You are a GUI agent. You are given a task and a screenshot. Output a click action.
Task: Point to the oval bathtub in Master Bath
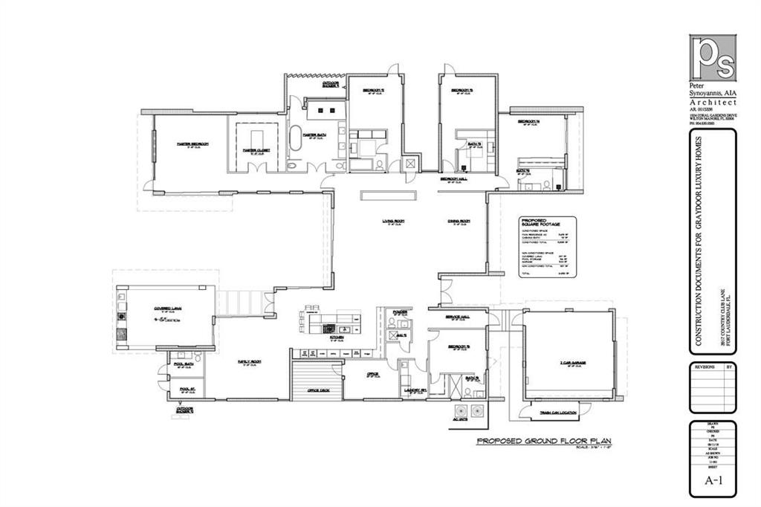[x=295, y=138]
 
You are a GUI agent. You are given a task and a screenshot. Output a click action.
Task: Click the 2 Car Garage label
[x=573, y=363]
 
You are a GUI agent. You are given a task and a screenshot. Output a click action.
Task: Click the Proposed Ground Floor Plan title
[x=543, y=441]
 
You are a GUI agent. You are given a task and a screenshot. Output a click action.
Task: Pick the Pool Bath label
[x=182, y=356]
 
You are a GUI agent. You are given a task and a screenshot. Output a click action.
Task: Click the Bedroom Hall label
[x=453, y=179]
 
